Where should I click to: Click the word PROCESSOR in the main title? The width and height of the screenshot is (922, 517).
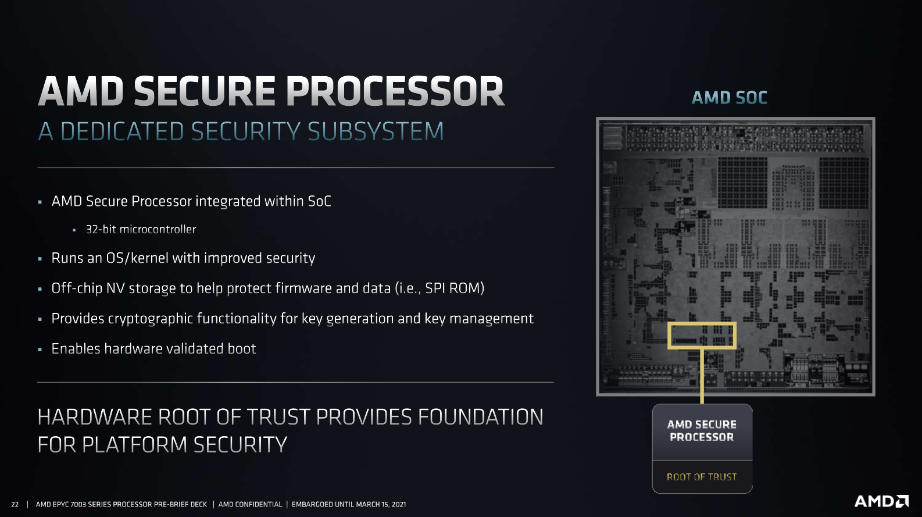(x=395, y=92)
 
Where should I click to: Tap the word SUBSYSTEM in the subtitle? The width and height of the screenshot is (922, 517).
(x=375, y=131)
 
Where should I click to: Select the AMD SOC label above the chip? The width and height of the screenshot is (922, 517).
(x=730, y=98)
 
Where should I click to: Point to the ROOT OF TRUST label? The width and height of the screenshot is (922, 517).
(x=702, y=477)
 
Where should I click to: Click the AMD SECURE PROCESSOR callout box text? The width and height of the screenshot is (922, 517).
(x=702, y=431)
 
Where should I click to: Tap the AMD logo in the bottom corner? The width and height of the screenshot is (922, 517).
(x=881, y=501)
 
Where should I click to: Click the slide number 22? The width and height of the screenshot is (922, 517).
(x=15, y=504)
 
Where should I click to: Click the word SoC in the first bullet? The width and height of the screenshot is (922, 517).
(x=319, y=201)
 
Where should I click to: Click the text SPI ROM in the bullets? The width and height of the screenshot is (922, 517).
(x=453, y=288)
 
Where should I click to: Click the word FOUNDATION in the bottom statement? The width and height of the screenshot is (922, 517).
(x=480, y=417)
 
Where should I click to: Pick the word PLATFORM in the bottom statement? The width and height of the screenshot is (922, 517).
(x=135, y=445)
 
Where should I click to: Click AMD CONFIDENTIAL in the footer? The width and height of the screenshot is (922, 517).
(x=250, y=504)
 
